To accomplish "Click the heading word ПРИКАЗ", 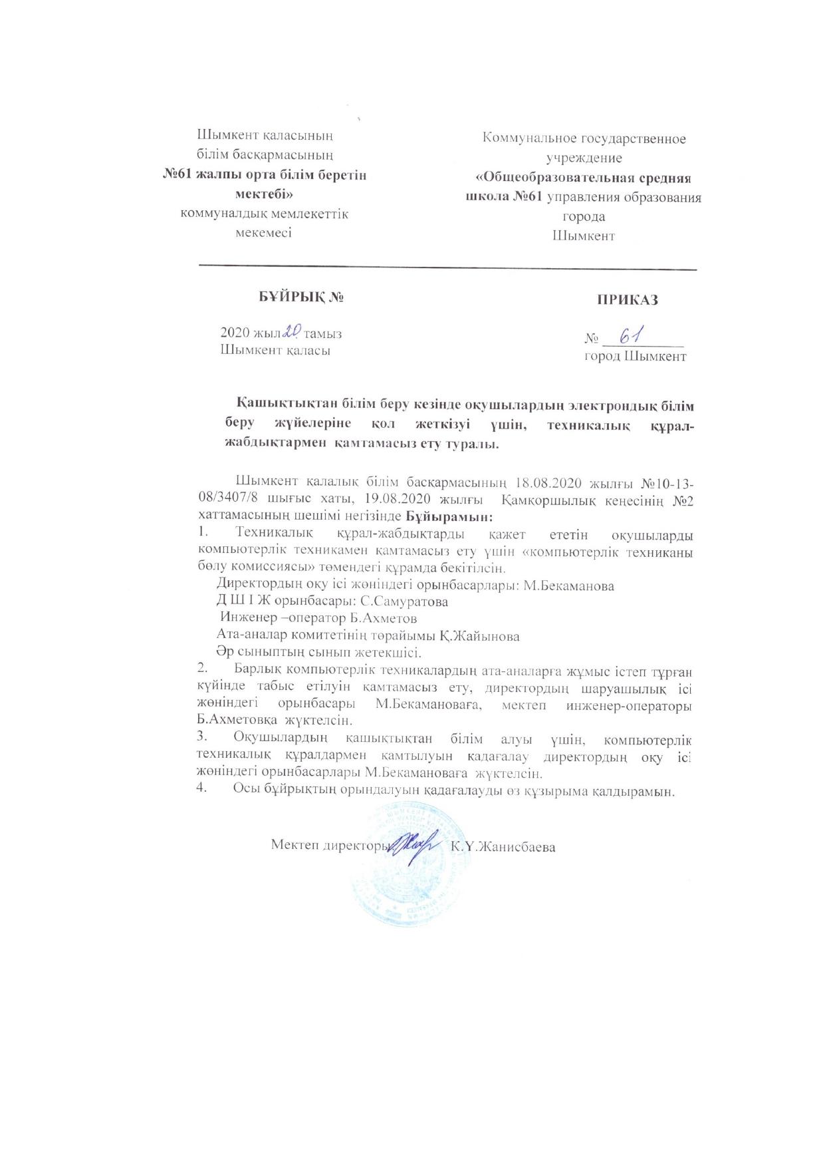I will click(627, 300).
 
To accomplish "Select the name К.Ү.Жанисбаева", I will click(503, 848).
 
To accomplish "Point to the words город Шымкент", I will click(635, 357).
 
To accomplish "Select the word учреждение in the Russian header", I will click(584, 158).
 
